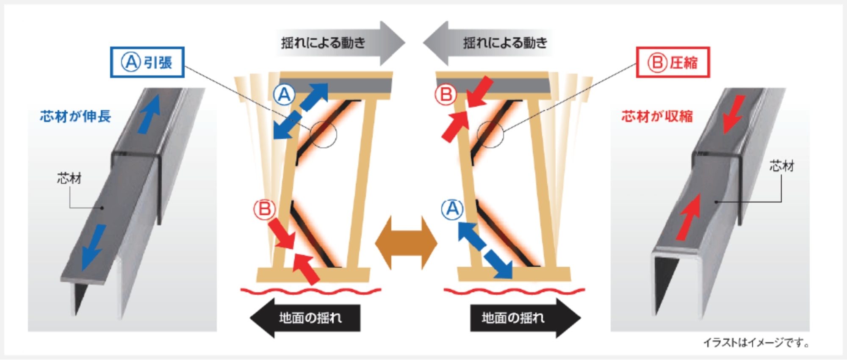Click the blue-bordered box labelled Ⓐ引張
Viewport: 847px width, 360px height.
[147, 62]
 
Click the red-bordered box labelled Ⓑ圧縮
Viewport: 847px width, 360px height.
[673, 62]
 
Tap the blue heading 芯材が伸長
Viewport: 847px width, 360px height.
[75, 116]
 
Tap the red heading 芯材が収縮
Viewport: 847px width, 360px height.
[657, 116]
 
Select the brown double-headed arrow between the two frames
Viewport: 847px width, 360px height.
[406, 243]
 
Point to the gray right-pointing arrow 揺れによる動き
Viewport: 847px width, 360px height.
[339, 43]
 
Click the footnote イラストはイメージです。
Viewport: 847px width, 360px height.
[756, 342]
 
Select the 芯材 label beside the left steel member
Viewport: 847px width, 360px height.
[69, 178]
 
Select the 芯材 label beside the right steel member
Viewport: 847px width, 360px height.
[782, 166]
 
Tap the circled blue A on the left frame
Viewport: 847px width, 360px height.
[284, 94]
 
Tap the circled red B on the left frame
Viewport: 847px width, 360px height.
[264, 209]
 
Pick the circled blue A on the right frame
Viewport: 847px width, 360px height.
[452, 209]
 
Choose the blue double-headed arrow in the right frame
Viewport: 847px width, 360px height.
[485, 250]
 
